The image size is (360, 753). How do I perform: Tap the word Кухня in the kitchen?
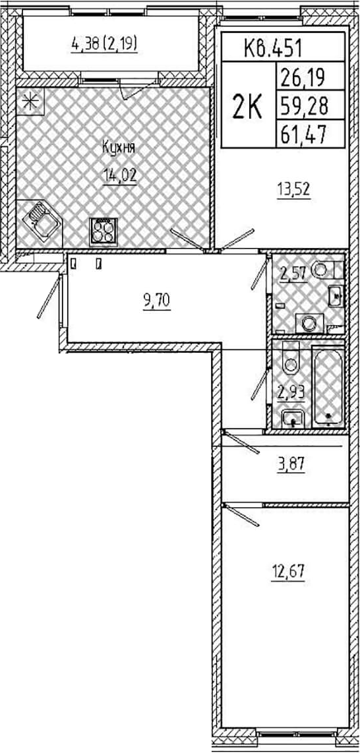(119, 148)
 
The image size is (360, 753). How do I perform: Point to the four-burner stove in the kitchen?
(104, 232)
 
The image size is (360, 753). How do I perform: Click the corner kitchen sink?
(42, 222)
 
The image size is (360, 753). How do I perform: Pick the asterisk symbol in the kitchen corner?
(30, 102)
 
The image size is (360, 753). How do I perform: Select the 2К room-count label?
(248, 107)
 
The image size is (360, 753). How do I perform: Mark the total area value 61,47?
(302, 135)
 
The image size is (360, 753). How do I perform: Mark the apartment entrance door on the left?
(49, 295)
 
